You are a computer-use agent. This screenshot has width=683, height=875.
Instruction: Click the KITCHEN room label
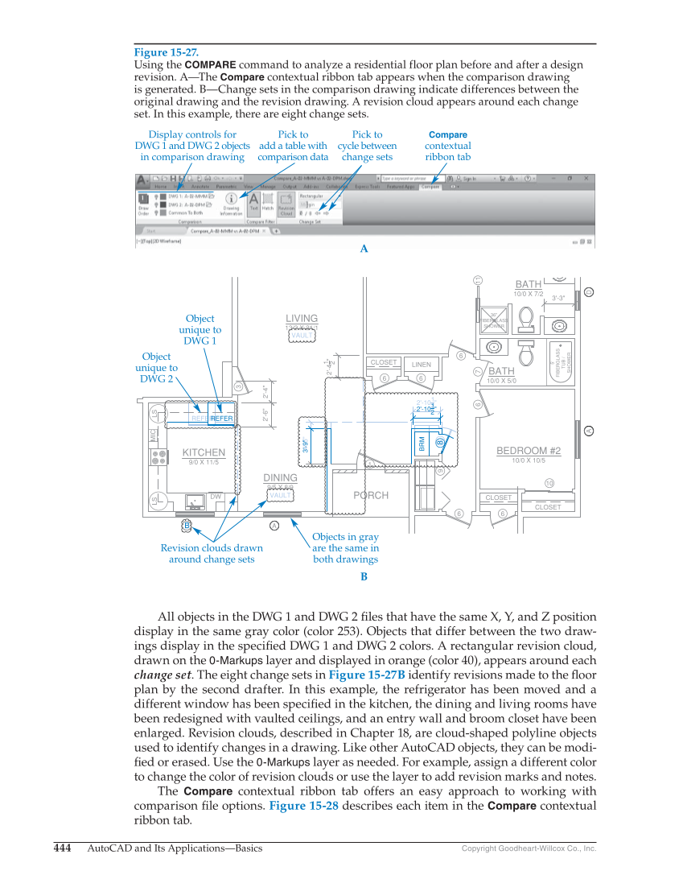click(x=204, y=453)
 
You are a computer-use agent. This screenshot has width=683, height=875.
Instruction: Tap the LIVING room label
click(x=302, y=319)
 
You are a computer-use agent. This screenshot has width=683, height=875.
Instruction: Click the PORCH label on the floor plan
click(x=371, y=496)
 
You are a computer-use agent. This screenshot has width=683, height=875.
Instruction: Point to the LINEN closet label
click(x=422, y=365)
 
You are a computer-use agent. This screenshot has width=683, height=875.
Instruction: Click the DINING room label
click(x=280, y=478)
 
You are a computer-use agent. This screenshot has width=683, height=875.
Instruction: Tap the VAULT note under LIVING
click(x=302, y=335)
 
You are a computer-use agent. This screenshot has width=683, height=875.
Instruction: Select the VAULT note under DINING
click(x=280, y=496)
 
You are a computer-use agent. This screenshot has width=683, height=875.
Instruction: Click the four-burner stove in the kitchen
click(x=158, y=456)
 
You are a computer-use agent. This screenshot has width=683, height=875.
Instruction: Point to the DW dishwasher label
click(x=215, y=497)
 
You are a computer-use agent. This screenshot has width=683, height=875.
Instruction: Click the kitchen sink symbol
click(x=193, y=501)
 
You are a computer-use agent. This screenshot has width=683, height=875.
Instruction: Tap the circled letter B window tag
click(x=187, y=525)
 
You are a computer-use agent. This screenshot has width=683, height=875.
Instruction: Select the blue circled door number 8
click(x=440, y=442)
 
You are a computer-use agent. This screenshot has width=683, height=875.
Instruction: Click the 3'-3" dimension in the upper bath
click(x=558, y=298)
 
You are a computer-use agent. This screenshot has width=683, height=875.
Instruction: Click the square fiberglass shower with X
click(x=494, y=320)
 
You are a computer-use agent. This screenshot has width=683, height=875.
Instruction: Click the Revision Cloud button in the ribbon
click(x=286, y=206)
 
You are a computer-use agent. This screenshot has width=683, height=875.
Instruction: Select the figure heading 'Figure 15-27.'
click(x=167, y=52)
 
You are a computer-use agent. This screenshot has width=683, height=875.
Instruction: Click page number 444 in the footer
click(x=62, y=848)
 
